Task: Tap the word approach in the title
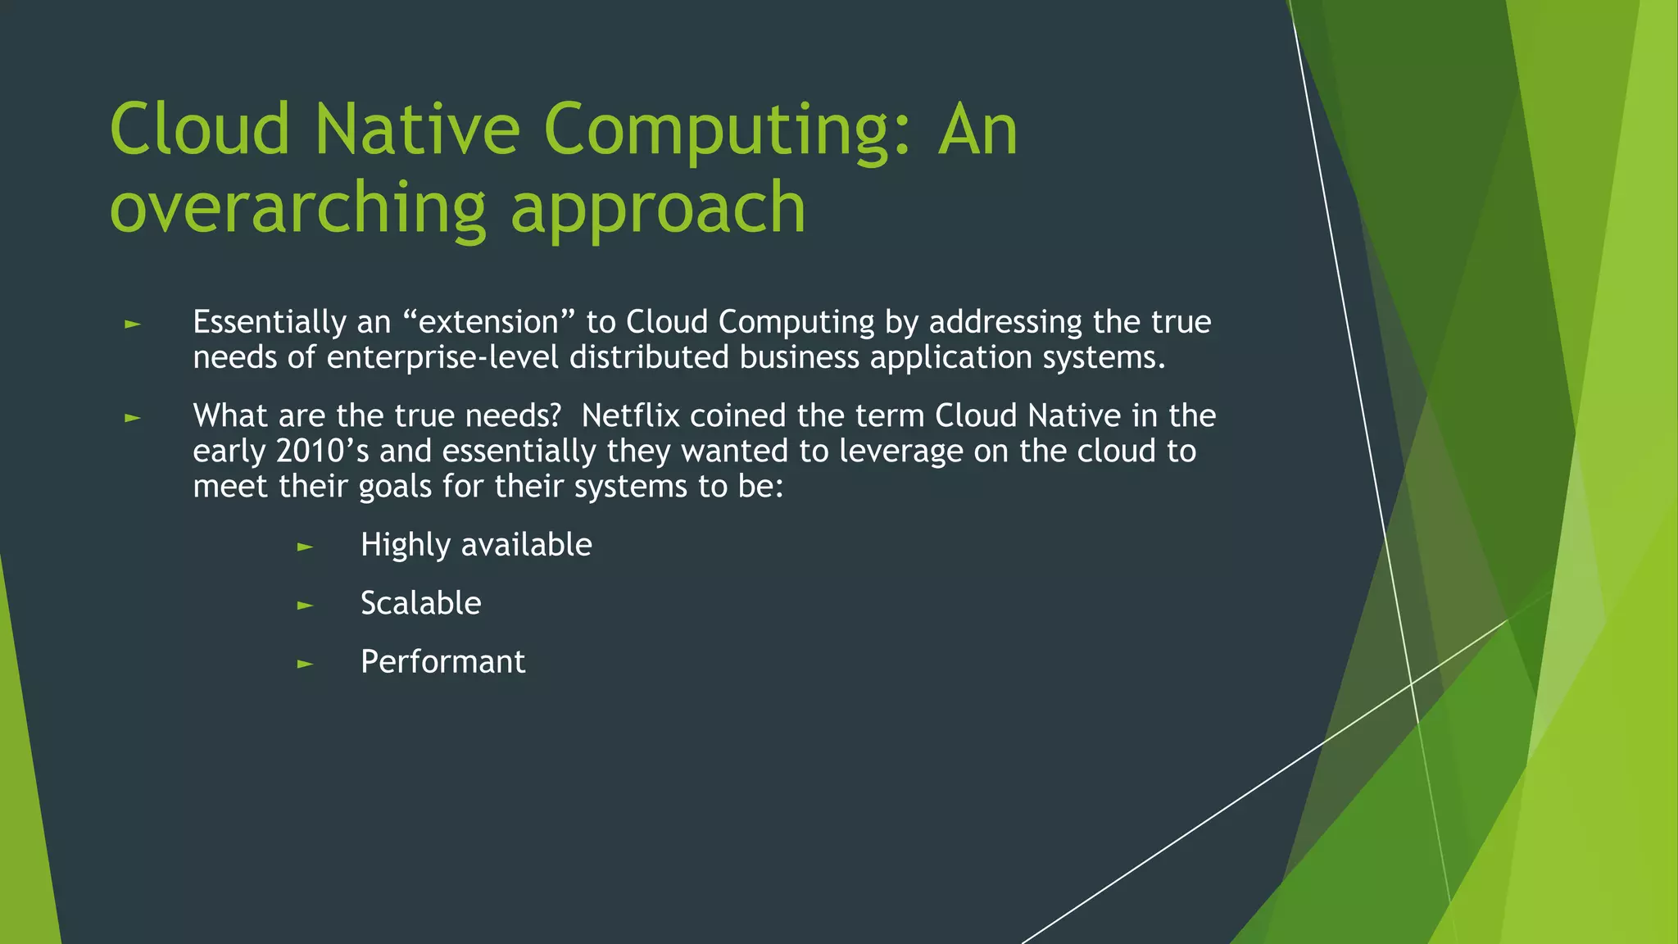pos(658,209)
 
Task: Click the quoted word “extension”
pos(489,322)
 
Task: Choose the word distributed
pos(649,357)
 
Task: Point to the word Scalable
pos(420,603)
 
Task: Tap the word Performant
pos(442,662)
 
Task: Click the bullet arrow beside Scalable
pos(305,606)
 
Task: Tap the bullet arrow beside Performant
pos(305,664)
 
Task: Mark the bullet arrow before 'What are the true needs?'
pos(133,418)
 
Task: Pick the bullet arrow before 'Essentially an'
pos(133,324)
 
